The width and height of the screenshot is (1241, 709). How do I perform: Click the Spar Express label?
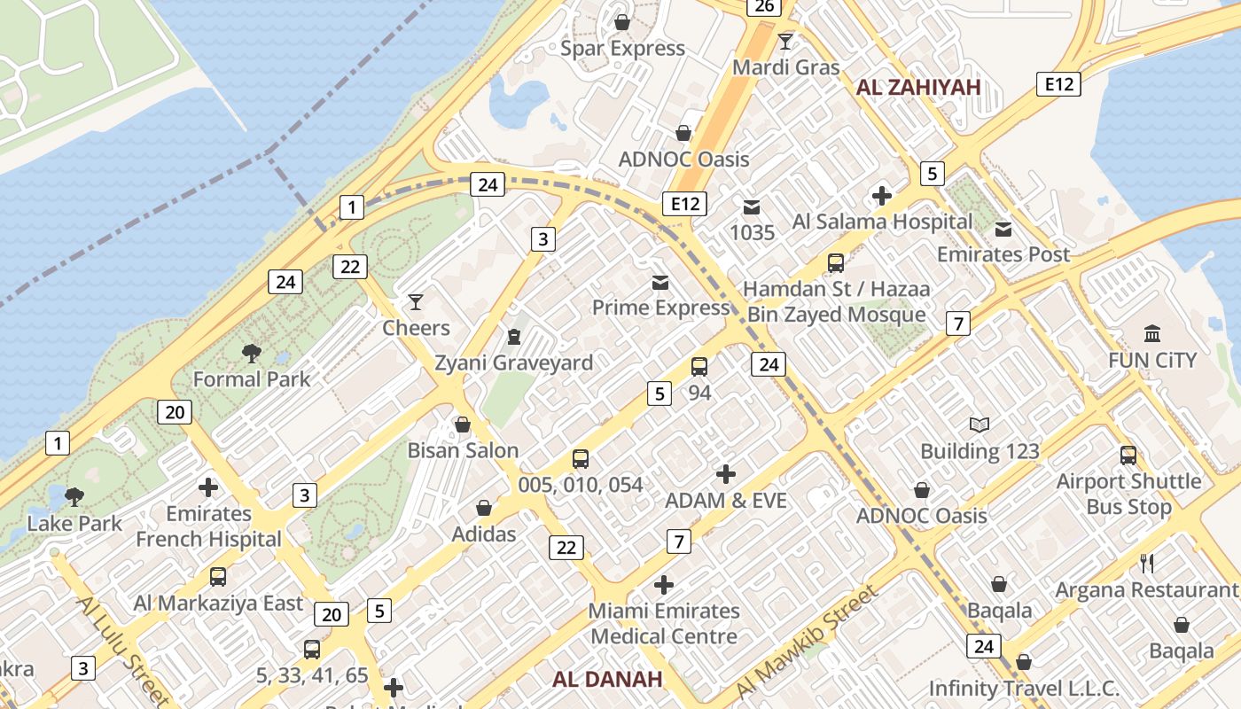[x=622, y=48]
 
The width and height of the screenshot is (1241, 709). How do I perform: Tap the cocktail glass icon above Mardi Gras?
[x=785, y=41]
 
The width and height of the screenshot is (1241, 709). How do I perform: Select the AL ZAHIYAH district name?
[x=917, y=87]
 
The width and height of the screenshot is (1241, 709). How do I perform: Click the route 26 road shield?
[x=763, y=7]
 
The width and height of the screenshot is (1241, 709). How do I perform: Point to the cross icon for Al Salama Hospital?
[x=882, y=196]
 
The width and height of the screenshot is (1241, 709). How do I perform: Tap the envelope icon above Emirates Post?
[x=1003, y=230]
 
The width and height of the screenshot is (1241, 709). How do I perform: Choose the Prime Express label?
[x=660, y=308]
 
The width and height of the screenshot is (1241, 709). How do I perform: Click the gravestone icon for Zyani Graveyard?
[x=513, y=337]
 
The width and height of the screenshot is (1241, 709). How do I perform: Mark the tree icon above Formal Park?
[x=252, y=354]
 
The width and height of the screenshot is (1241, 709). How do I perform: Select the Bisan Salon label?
[x=463, y=450]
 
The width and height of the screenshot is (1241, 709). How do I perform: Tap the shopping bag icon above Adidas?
[x=484, y=508]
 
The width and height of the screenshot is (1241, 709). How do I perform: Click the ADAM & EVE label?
[x=726, y=501]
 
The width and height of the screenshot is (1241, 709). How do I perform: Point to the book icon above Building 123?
[x=980, y=425]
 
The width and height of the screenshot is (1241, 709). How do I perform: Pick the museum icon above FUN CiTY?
[x=1152, y=334]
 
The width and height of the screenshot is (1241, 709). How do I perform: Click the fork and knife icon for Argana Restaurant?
[x=1146, y=563]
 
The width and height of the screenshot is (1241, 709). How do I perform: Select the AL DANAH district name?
[x=607, y=680]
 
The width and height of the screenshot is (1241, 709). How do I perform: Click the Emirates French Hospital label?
[x=208, y=526]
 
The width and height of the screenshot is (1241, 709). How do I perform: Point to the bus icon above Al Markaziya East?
[x=218, y=577]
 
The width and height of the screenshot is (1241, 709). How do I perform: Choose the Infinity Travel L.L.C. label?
[x=1024, y=689]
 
